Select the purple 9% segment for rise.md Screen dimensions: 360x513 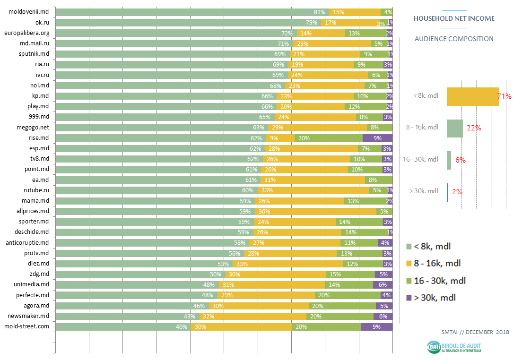377,138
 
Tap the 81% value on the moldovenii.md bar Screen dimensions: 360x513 320,12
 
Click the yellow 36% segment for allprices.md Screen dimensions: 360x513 315,211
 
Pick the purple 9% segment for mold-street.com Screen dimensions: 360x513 376,326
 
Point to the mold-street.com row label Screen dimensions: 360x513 26,326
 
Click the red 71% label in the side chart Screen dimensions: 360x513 504,96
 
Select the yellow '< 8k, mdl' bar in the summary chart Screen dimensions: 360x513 473,96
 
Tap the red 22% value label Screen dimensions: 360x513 474,128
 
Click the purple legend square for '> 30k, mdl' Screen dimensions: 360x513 409,298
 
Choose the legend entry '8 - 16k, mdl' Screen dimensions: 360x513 437,263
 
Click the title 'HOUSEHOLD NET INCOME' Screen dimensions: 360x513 454,18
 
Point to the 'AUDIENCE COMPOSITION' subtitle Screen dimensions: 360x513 454,39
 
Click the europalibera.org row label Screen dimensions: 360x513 26,33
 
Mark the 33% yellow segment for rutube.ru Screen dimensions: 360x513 313,190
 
